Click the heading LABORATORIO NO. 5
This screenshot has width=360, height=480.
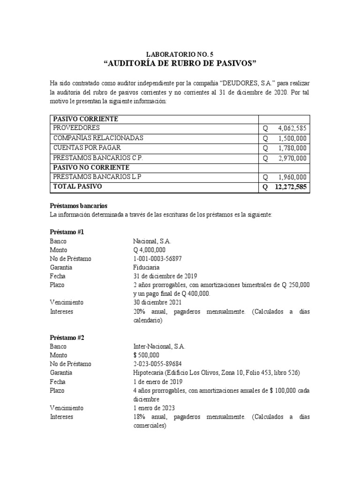[180, 54]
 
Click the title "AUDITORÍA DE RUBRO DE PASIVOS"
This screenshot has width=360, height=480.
[180, 64]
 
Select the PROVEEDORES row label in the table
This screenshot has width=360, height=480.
[76, 128]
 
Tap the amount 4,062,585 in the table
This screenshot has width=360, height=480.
[292, 128]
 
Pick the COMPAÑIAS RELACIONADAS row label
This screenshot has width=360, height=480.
[98, 138]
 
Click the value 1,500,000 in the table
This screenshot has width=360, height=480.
[292, 138]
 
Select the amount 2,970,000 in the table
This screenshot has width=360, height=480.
[292, 158]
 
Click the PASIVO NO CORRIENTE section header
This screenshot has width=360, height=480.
[90, 167]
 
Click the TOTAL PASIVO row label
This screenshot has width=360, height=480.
[77, 187]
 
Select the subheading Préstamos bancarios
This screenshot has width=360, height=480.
[79, 206]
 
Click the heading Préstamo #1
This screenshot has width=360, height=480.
[67, 232]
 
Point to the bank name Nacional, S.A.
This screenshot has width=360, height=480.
[152, 241]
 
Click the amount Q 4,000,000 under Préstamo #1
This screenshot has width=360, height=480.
[149, 250]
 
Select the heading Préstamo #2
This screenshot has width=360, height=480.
[67, 337]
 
